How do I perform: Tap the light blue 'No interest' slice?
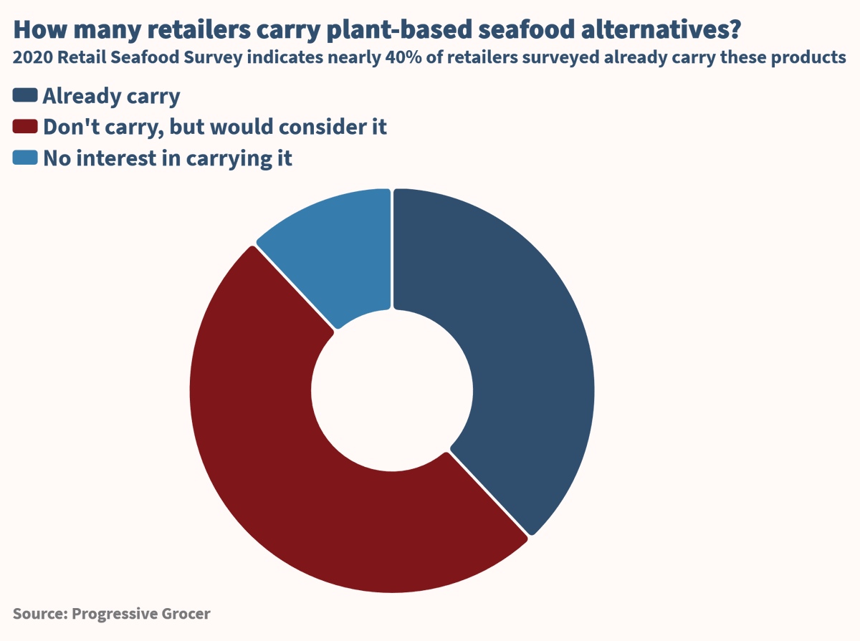point(337,251)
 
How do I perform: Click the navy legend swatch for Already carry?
point(25,95)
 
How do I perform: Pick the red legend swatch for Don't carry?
point(25,127)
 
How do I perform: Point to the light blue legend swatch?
point(25,158)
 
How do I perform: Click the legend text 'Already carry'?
point(111,95)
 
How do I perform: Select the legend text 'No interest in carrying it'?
point(168,158)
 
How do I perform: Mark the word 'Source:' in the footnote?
point(40,614)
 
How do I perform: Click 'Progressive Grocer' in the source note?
point(141,614)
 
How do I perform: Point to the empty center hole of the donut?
point(392,391)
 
